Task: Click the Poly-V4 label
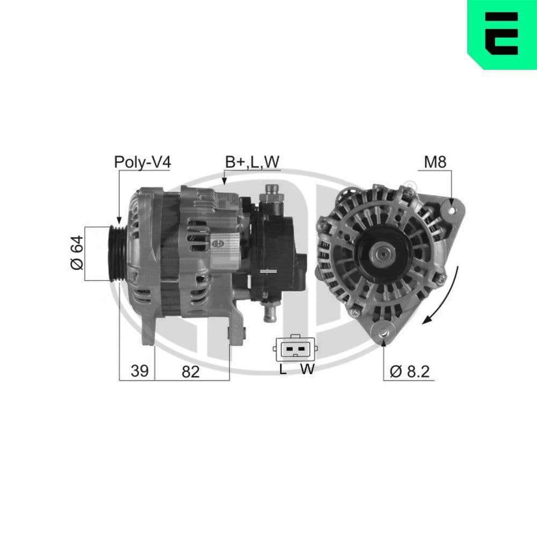point(142,162)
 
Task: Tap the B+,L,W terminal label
point(252,162)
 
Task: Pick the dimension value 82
point(190,371)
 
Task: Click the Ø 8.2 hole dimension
point(411,371)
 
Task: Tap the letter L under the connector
point(284,369)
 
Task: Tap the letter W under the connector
point(307,369)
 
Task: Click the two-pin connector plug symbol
point(295,350)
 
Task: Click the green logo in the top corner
point(502,34)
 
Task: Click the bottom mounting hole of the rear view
point(383,334)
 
